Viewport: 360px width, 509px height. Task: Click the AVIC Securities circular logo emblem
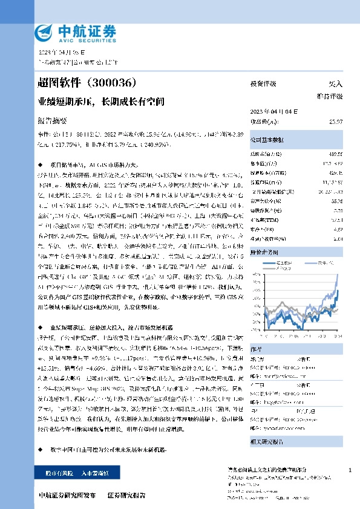(x=45, y=31)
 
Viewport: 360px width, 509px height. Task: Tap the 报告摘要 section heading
(x=53, y=121)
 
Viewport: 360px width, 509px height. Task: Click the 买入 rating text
(x=335, y=84)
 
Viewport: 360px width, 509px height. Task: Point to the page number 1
(x=350, y=470)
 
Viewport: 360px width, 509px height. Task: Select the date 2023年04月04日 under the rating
(x=272, y=111)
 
